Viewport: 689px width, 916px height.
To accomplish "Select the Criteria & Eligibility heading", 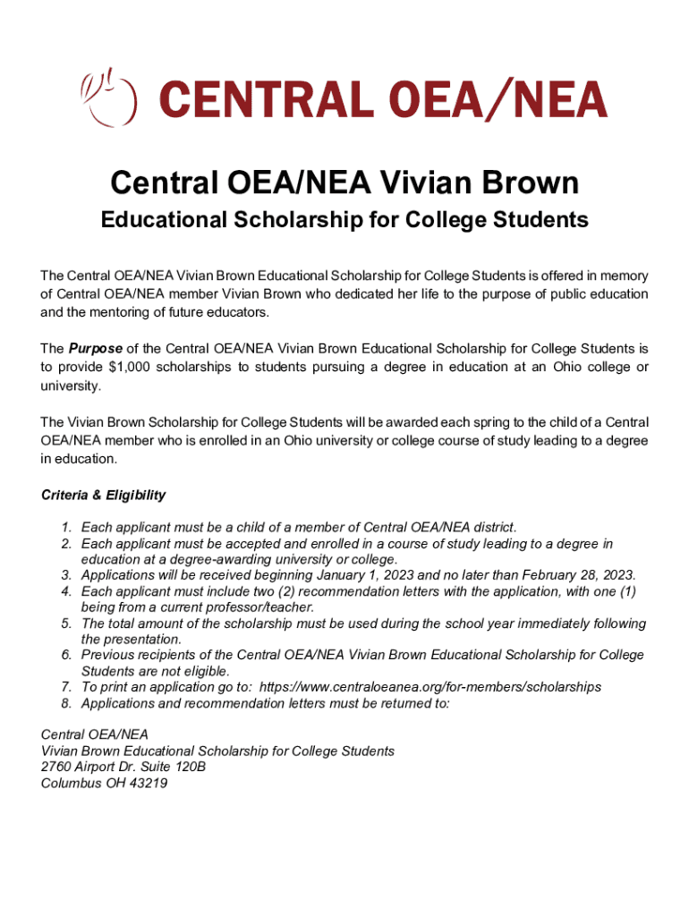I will pos(103,495).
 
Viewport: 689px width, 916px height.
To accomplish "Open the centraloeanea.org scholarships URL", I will pos(430,687).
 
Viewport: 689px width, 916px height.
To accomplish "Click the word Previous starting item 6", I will pos(110,656).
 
